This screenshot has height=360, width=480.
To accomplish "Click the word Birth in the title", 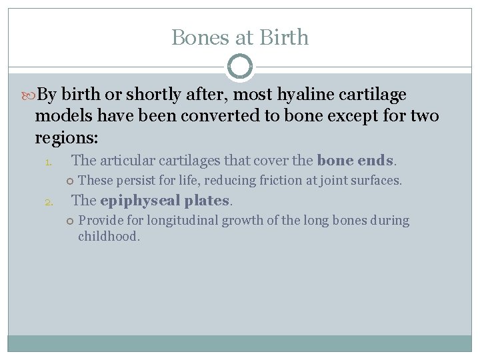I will (284, 37).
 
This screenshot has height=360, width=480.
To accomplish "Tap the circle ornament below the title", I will (240, 67).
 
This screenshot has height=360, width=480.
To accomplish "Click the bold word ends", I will (377, 161).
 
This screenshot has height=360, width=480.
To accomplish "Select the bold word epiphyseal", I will (139, 201).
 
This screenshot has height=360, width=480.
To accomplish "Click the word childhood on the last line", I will (107, 236).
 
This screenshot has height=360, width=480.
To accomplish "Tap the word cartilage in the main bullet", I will (373, 95).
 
